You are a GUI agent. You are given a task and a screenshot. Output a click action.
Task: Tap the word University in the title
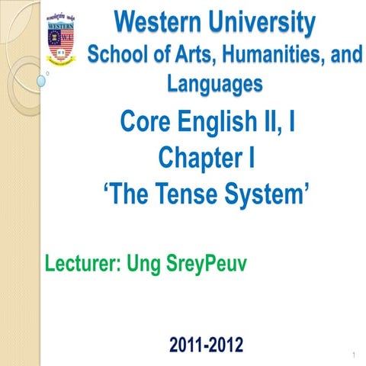[263, 24]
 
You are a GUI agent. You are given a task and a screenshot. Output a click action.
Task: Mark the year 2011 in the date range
[188, 345]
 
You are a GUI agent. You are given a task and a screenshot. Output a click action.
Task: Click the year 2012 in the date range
[228, 345]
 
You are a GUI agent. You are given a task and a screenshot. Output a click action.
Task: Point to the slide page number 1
[355, 356]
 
